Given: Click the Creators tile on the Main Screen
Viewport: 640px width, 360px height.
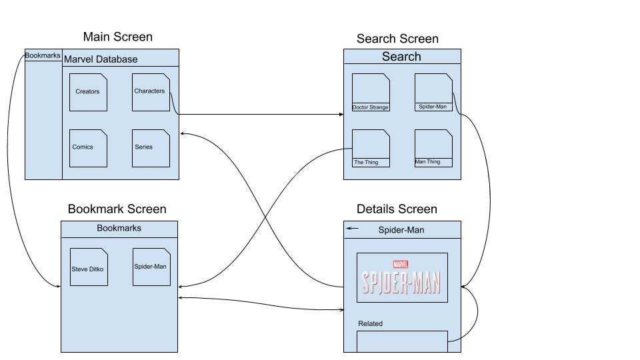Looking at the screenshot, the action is [x=88, y=92].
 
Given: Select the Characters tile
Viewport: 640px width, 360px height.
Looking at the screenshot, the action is [x=151, y=92].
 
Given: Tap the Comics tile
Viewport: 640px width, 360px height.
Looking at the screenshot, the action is [x=88, y=148].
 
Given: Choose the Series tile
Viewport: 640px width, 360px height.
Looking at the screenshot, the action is [x=151, y=148].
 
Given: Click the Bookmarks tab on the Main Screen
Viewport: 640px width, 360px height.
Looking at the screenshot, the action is [x=43, y=55].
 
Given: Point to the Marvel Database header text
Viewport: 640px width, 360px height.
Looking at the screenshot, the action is [x=101, y=59].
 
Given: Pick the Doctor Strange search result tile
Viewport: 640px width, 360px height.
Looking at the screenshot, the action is [x=371, y=92].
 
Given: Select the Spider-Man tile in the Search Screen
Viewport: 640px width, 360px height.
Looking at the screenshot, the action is [x=433, y=92].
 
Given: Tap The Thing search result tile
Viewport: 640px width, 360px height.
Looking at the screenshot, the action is [x=371, y=148].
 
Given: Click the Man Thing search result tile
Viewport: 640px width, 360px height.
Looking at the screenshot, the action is [x=433, y=148].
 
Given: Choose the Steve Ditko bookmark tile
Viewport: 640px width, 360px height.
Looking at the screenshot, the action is [x=89, y=267].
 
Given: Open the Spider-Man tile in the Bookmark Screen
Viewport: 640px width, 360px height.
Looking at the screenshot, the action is [x=151, y=267].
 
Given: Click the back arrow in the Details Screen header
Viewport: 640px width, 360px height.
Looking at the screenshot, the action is [x=352, y=229].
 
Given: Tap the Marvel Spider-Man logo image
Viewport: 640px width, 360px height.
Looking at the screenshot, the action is [x=402, y=277].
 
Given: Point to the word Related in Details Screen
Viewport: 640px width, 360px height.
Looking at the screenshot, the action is [x=370, y=324].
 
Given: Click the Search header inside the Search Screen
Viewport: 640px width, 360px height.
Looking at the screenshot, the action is [x=401, y=56].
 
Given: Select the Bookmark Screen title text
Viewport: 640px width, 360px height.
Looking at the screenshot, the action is [x=117, y=209].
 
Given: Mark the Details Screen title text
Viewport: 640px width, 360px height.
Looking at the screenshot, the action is [x=397, y=209].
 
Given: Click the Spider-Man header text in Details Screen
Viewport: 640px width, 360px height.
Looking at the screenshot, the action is [x=401, y=230].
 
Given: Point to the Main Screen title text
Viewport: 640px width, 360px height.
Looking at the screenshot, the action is [x=117, y=37].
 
